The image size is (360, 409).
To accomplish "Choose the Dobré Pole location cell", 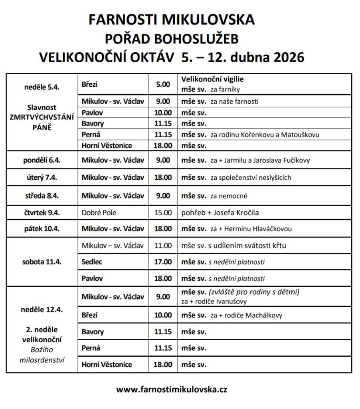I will click(x=99, y=212).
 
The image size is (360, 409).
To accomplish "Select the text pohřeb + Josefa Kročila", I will click(x=222, y=212).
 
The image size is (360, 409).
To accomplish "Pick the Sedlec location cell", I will click(x=92, y=262).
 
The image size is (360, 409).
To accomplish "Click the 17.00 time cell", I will click(x=163, y=262).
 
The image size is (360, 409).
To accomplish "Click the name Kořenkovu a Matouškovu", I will click(x=281, y=135).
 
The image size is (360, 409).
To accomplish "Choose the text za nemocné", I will click(x=229, y=196).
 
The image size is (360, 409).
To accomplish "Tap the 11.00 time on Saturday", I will click(x=163, y=246).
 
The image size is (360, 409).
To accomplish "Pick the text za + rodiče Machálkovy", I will click(x=246, y=315).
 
